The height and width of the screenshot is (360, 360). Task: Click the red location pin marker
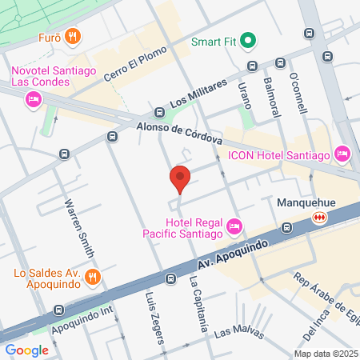pos(180,178)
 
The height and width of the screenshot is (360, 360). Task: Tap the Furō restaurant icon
pos(73,35)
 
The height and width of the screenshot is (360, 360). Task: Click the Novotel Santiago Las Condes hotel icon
pos(33,98)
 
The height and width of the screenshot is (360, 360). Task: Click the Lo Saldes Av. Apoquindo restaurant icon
pos(94,277)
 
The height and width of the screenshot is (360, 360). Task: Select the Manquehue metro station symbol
pos(320,217)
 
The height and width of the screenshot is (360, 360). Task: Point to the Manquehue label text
pos(305,202)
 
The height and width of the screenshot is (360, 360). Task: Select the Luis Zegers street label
pos(154,315)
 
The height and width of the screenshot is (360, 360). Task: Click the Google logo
pos(26,350)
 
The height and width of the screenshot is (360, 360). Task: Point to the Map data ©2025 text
pos(325,354)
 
